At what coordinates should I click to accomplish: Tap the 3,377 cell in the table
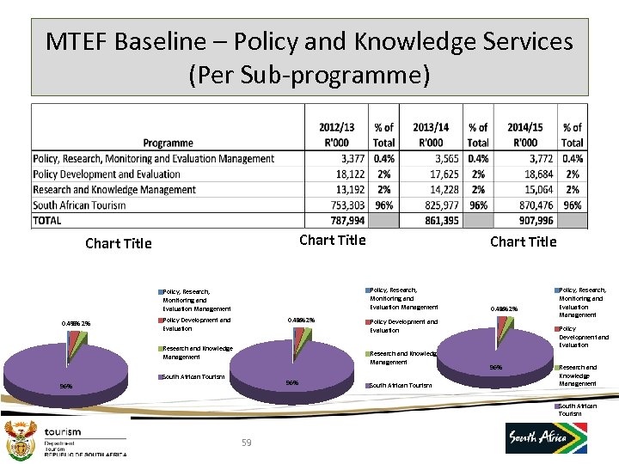[x=352, y=159]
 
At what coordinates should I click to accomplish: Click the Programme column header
[x=168, y=143]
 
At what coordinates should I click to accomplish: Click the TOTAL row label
[x=47, y=221]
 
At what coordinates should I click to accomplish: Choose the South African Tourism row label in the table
[x=79, y=205]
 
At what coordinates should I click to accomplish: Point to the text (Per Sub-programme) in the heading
[x=309, y=75]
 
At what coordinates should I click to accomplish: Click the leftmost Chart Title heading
[x=119, y=243]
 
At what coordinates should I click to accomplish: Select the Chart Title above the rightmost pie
[x=523, y=241]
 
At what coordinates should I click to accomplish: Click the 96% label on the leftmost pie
[x=65, y=387]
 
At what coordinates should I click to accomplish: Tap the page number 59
[x=247, y=443]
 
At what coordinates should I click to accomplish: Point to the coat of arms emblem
[x=20, y=442]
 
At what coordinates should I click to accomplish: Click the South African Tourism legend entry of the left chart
[x=193, y=376]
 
